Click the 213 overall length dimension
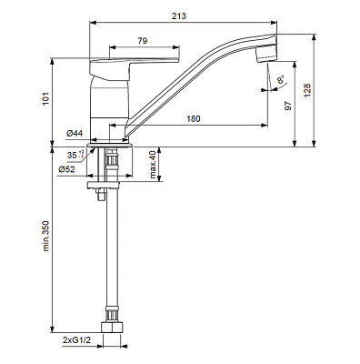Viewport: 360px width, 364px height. click(x=179, y=15)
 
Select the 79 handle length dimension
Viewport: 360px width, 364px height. click(x=143, y=41)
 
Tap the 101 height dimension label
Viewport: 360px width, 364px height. click(x=45, y=98)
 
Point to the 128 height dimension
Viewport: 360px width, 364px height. click(x=307, y=90)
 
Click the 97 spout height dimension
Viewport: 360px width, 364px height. click(x=288, y=106)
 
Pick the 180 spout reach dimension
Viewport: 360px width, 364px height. click(x=194, y=118)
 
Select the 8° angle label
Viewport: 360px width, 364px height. click(x=281, y=80)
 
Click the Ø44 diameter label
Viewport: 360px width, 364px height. click(x=75, y=133)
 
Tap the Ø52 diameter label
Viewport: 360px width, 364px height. click(x=66, y=169)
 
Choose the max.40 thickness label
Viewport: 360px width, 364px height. click(x=153, y=165)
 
